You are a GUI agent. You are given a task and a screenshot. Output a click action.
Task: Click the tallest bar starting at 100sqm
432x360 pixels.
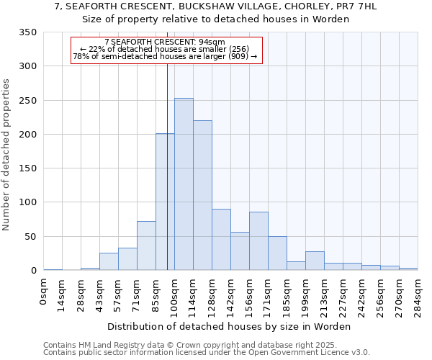point(184,184)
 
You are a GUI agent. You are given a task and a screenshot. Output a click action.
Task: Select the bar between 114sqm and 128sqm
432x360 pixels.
point(202,196)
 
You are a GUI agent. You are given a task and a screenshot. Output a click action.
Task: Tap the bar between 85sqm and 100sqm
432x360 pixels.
point(165,202)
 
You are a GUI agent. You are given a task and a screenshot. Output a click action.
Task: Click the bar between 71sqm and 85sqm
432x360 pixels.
point(146,246)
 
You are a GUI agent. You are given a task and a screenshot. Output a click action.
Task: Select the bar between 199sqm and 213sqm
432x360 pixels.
point(315,261)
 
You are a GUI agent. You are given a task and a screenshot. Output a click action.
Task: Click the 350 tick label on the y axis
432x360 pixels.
point(28,32)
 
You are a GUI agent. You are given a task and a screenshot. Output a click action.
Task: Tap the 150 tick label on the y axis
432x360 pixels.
point(28,168)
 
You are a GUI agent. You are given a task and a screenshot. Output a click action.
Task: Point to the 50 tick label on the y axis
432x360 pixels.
point(31,237)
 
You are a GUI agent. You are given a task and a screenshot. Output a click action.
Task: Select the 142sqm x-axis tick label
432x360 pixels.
point(231,294)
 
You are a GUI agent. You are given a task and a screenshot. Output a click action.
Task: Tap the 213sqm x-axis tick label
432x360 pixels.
point(325,294)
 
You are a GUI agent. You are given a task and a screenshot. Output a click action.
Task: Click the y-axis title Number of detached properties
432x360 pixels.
point(6,156)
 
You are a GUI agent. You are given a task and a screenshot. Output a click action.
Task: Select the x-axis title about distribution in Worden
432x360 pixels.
point(230,326)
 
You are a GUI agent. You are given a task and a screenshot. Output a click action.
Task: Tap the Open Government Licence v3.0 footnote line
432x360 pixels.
point(207,353)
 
